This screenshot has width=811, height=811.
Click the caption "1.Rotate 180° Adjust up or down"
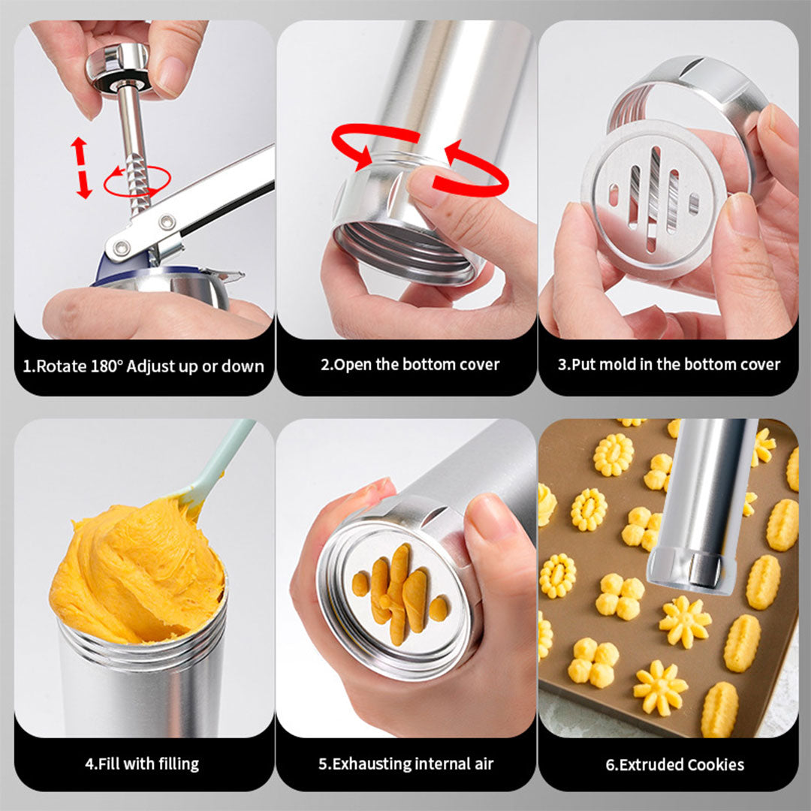pyautogui.click(x=143, y=366)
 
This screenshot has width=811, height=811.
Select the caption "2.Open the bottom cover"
pyautogui.click(x=410, y=365)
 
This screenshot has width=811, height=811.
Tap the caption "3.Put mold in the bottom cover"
pyautogui.click(x=669, y=365)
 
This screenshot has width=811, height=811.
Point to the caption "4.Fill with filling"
pyautogui.click(x=142, y=764)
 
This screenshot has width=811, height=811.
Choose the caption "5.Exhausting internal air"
pyautogui.click(x=406, y=764)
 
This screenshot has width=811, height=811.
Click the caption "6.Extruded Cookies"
pyautogui.click(x=675, y=764)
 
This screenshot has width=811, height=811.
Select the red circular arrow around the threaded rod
pyautogui.click(x=137, y=182)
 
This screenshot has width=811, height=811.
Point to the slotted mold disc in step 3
pyautogui.click(x=653, y=199)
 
